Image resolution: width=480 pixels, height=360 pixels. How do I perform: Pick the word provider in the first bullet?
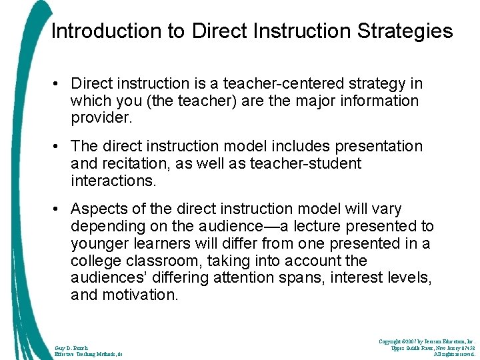[x=100, y=119]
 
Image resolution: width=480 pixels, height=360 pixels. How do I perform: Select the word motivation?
[x=140, y=295]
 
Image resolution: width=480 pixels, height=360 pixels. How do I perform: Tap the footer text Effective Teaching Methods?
[x=86, y=355]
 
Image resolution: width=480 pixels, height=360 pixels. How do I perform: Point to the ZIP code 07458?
[x=465, y=347]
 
